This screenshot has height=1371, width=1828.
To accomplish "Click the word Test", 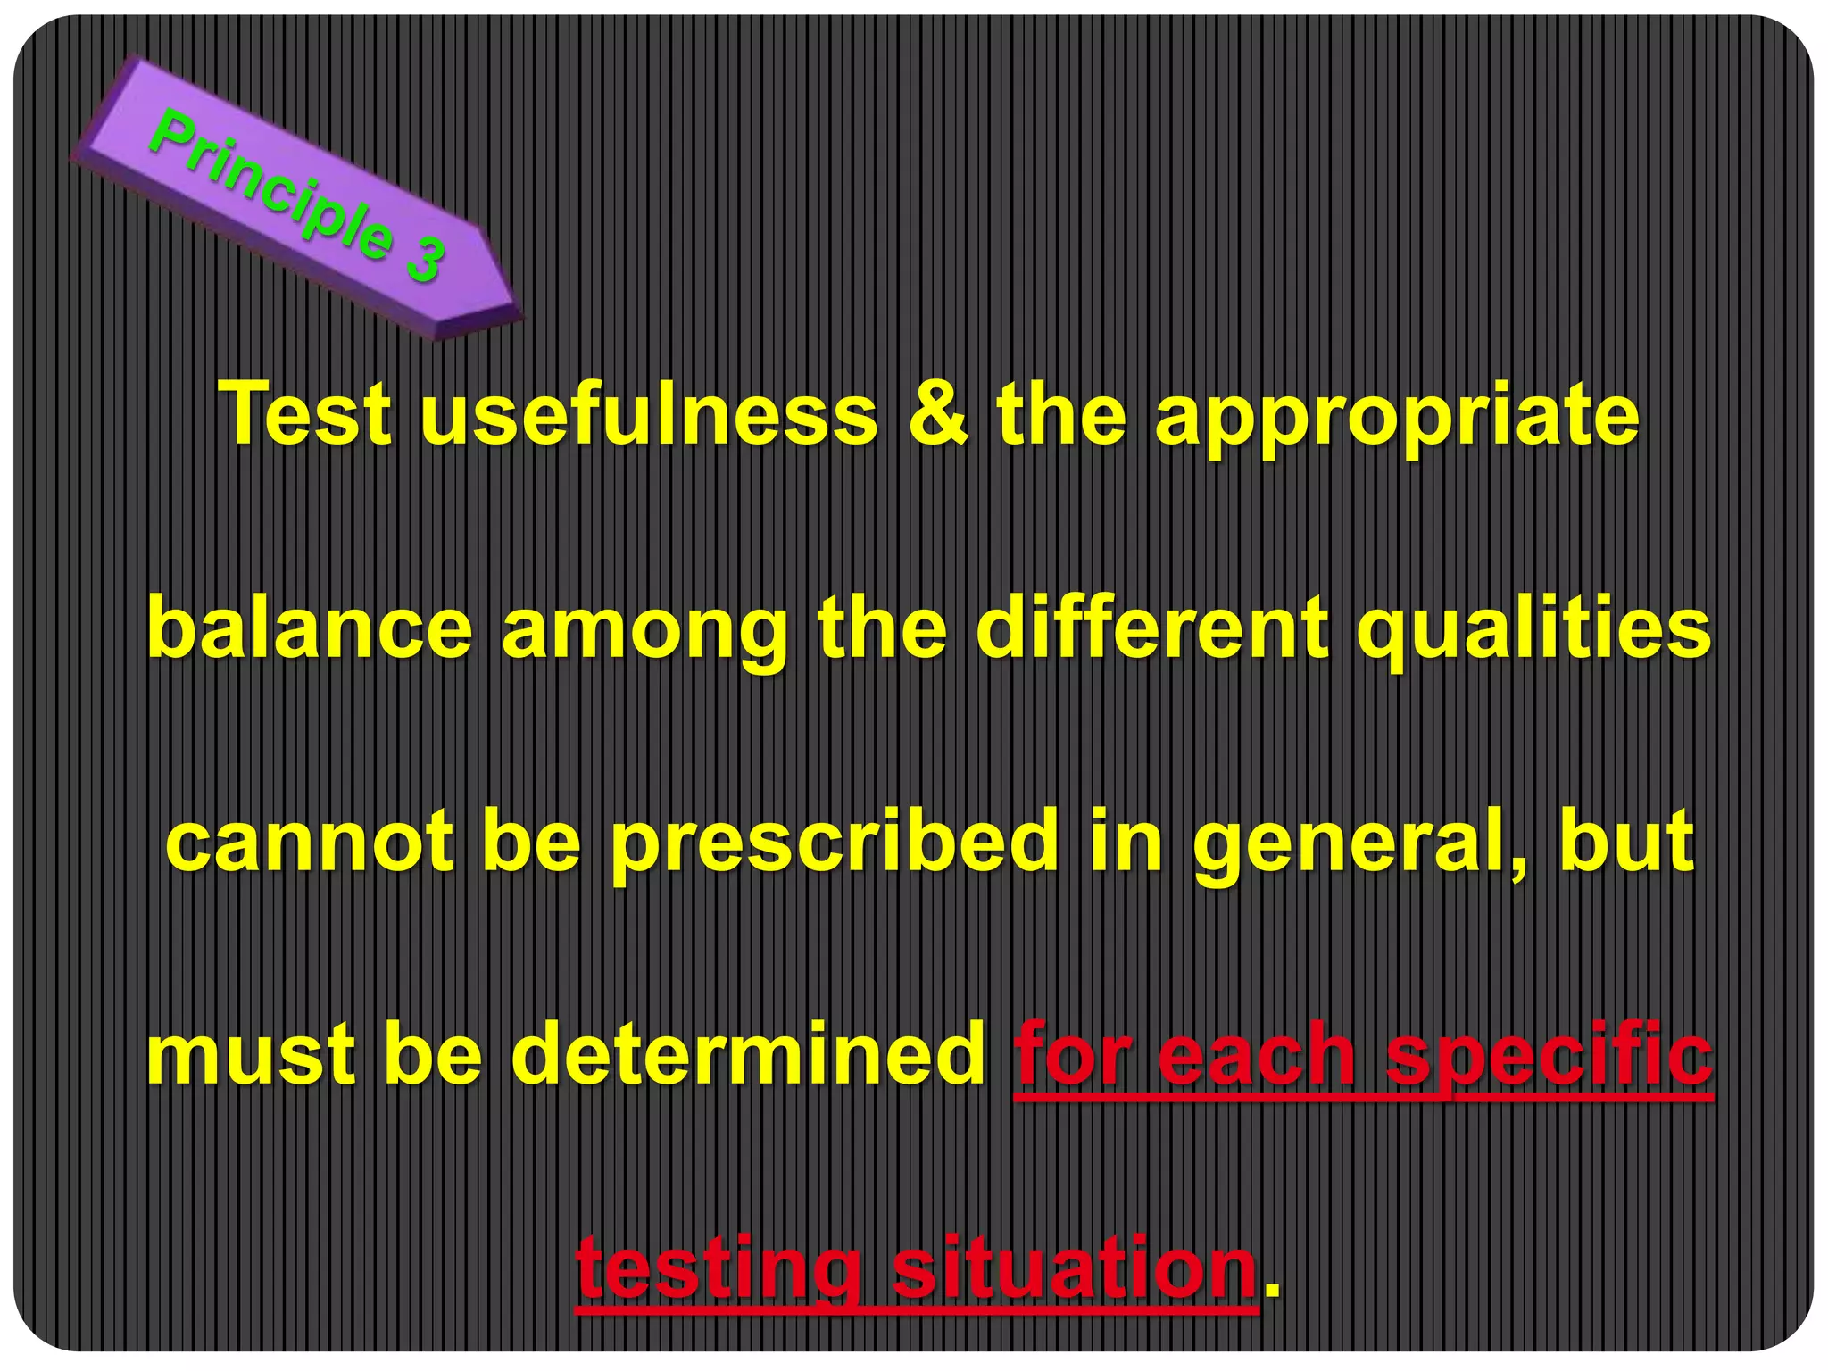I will (x=306, y=414).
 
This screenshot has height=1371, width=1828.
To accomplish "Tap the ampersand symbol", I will (x=937, y=414).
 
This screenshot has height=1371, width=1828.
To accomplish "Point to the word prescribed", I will (x=835, y=843).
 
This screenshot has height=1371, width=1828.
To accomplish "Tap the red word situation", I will (x=1075, y=1267).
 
